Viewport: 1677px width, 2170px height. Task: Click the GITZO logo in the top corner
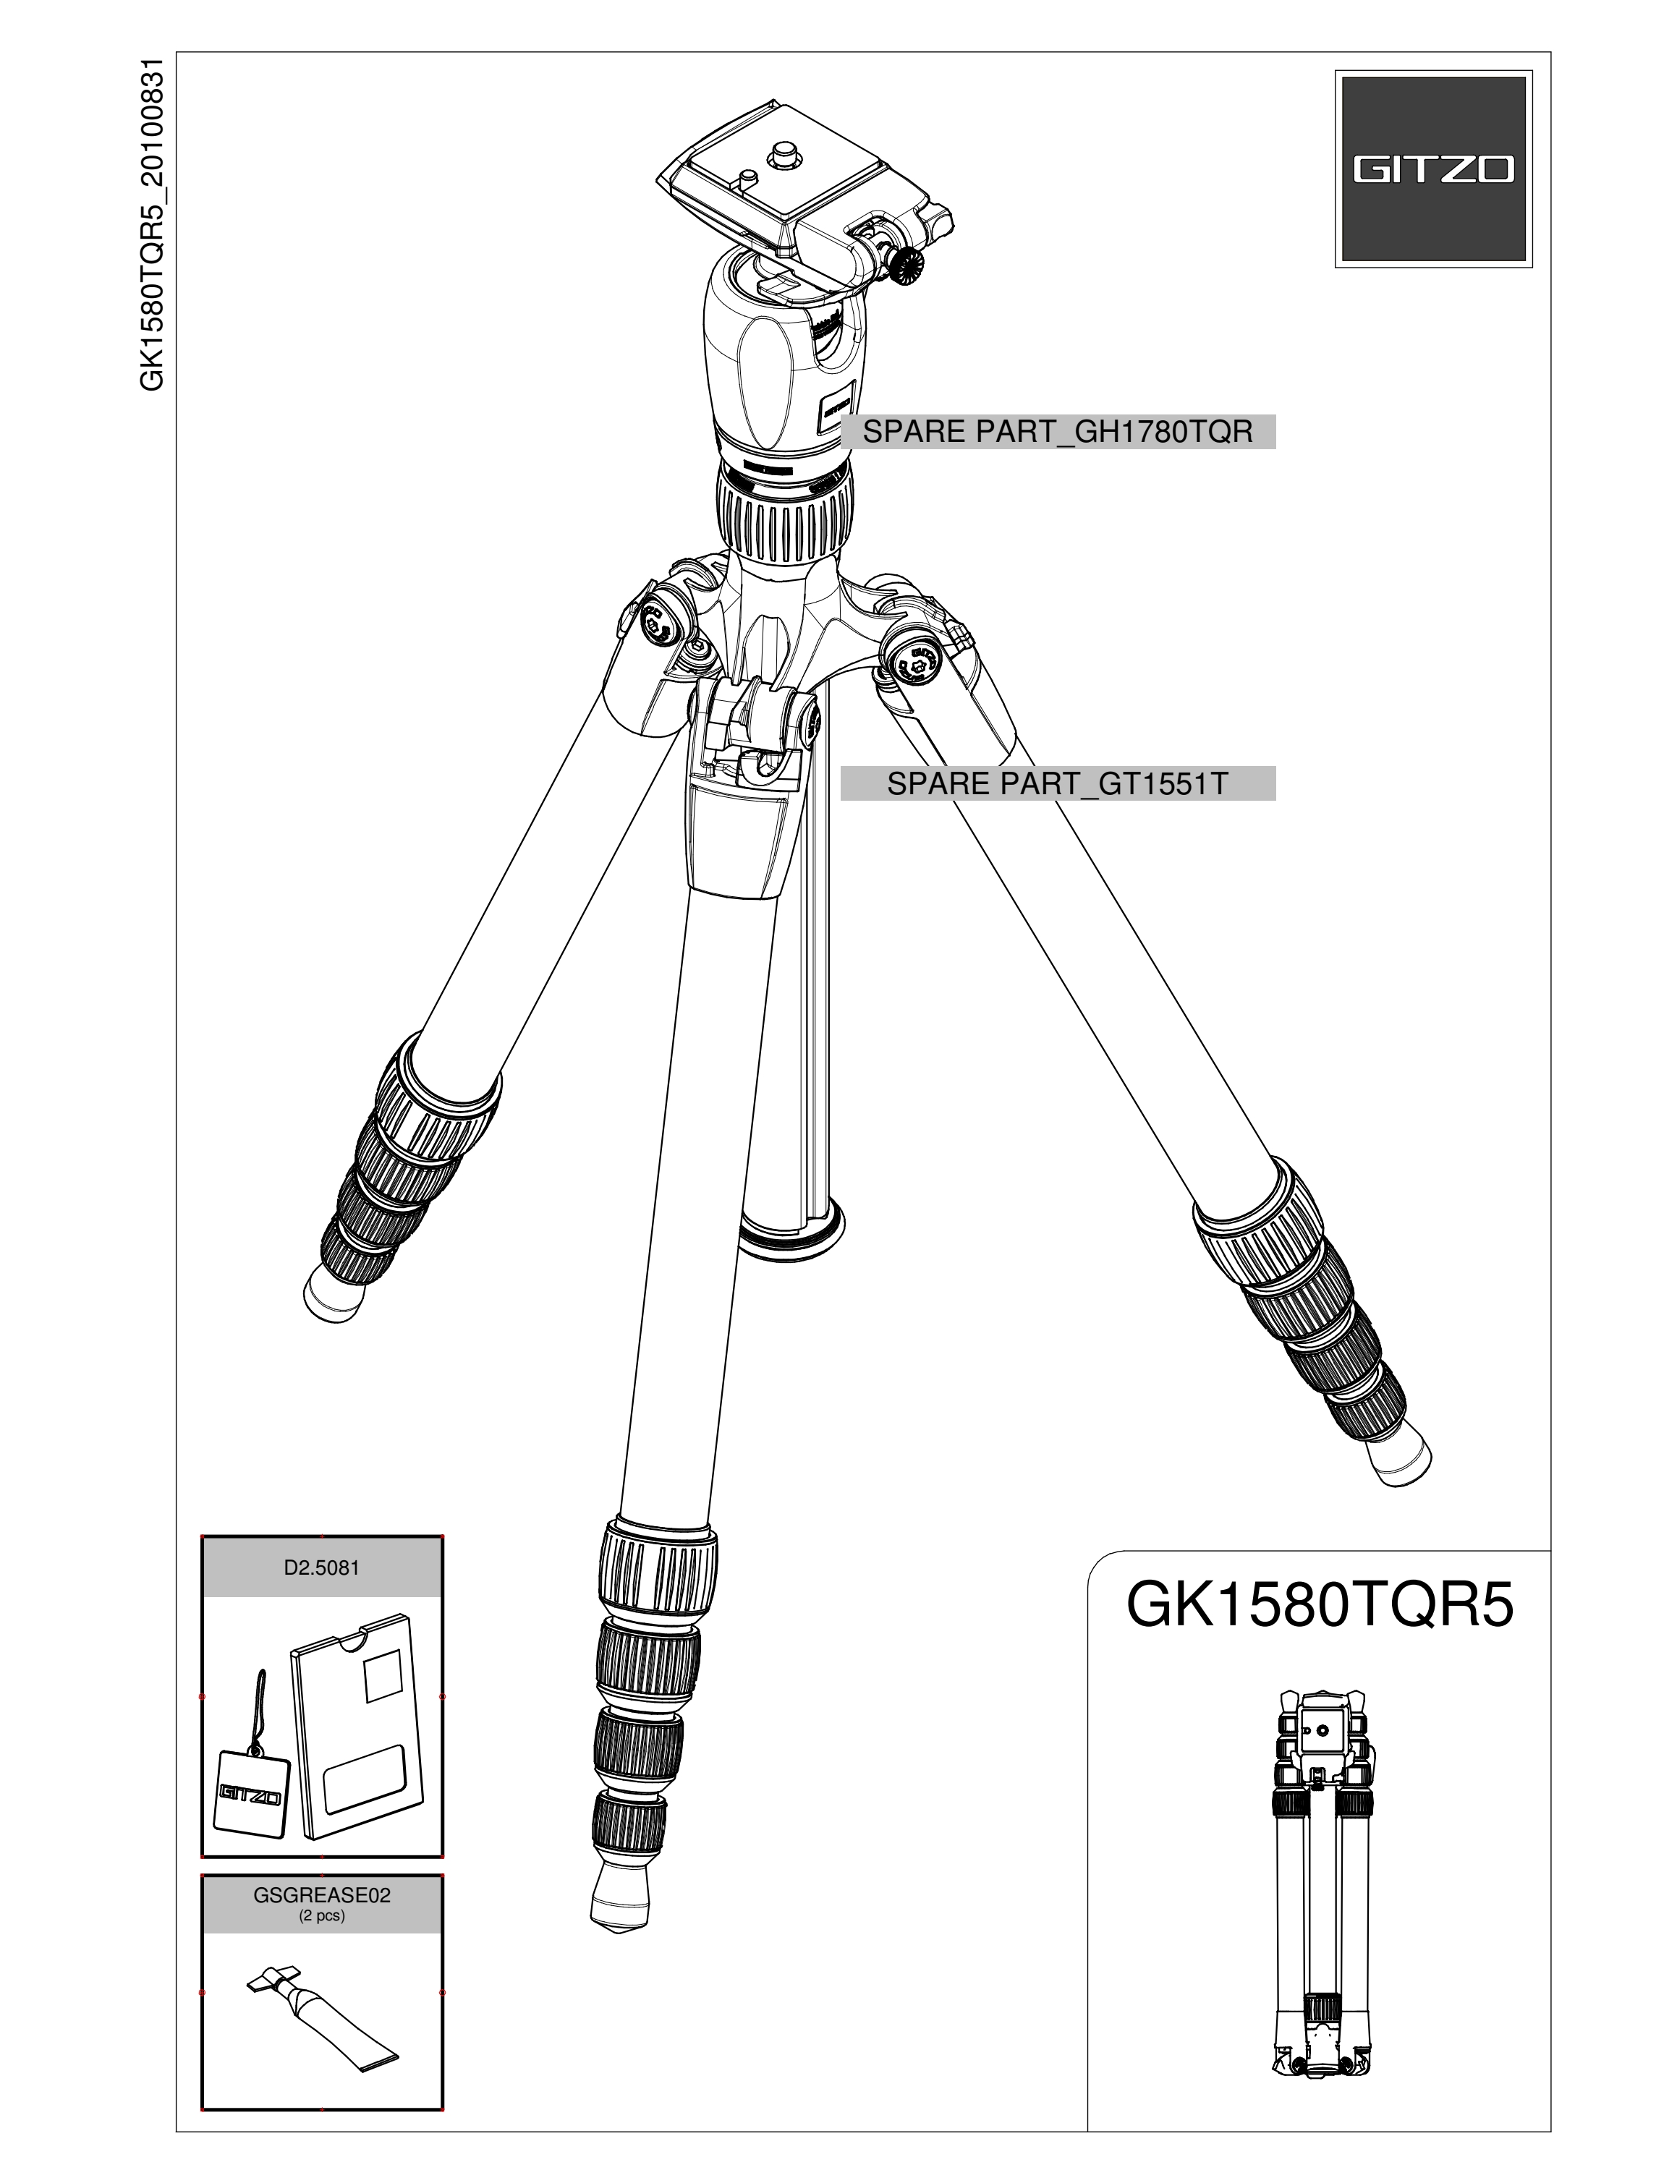[x=1432, y=169]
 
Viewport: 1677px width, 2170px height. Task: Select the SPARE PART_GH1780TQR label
[x=1057, y=433]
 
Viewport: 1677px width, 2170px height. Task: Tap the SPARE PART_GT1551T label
[x=1057, y=784]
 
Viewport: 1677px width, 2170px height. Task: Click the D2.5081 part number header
[x=321, y=1568]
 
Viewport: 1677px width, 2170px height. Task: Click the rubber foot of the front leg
[x=620, y=1899]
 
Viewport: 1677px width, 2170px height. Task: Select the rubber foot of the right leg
[x=1398, y=1455]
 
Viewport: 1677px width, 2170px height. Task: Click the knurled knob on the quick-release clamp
[x=904, y=265]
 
